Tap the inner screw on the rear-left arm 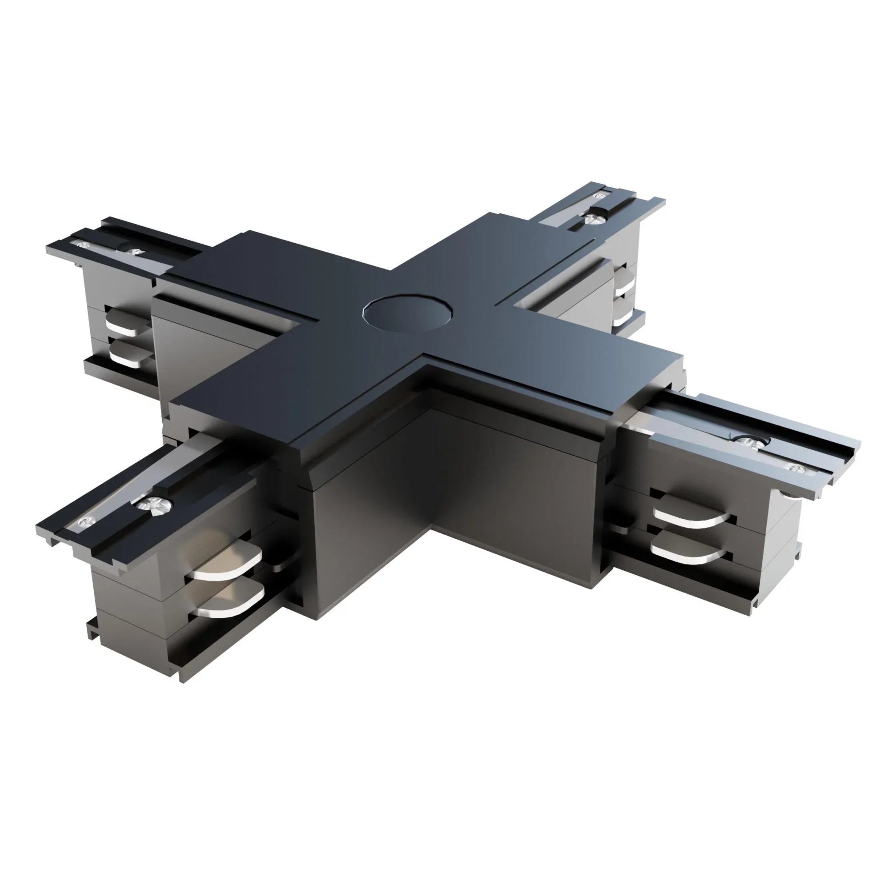click(x=134, y=252)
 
